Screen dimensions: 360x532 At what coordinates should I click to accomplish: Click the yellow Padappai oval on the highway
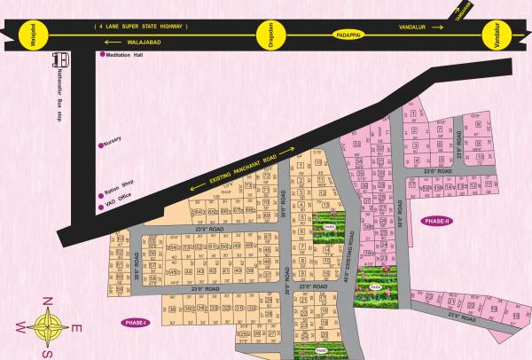349,34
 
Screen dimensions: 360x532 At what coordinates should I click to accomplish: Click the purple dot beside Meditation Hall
98,57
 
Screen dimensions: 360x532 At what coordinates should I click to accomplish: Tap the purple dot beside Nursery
98,142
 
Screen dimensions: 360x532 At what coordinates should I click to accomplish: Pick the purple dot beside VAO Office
98,207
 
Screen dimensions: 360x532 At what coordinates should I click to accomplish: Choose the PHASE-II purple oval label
437,221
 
